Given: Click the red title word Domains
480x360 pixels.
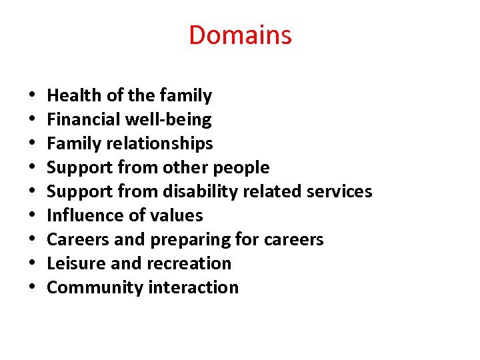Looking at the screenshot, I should tap(240, 35).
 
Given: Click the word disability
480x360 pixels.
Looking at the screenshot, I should tap(203, 192).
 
